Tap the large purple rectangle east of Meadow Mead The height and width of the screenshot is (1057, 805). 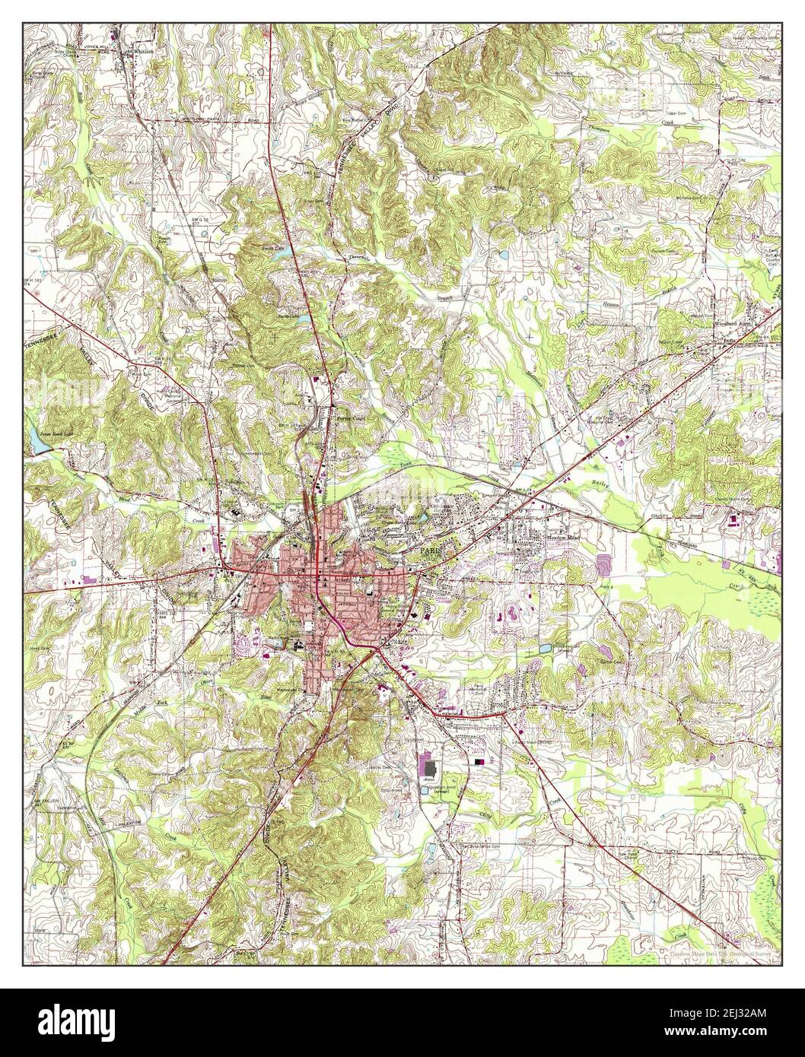pos(604,563)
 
